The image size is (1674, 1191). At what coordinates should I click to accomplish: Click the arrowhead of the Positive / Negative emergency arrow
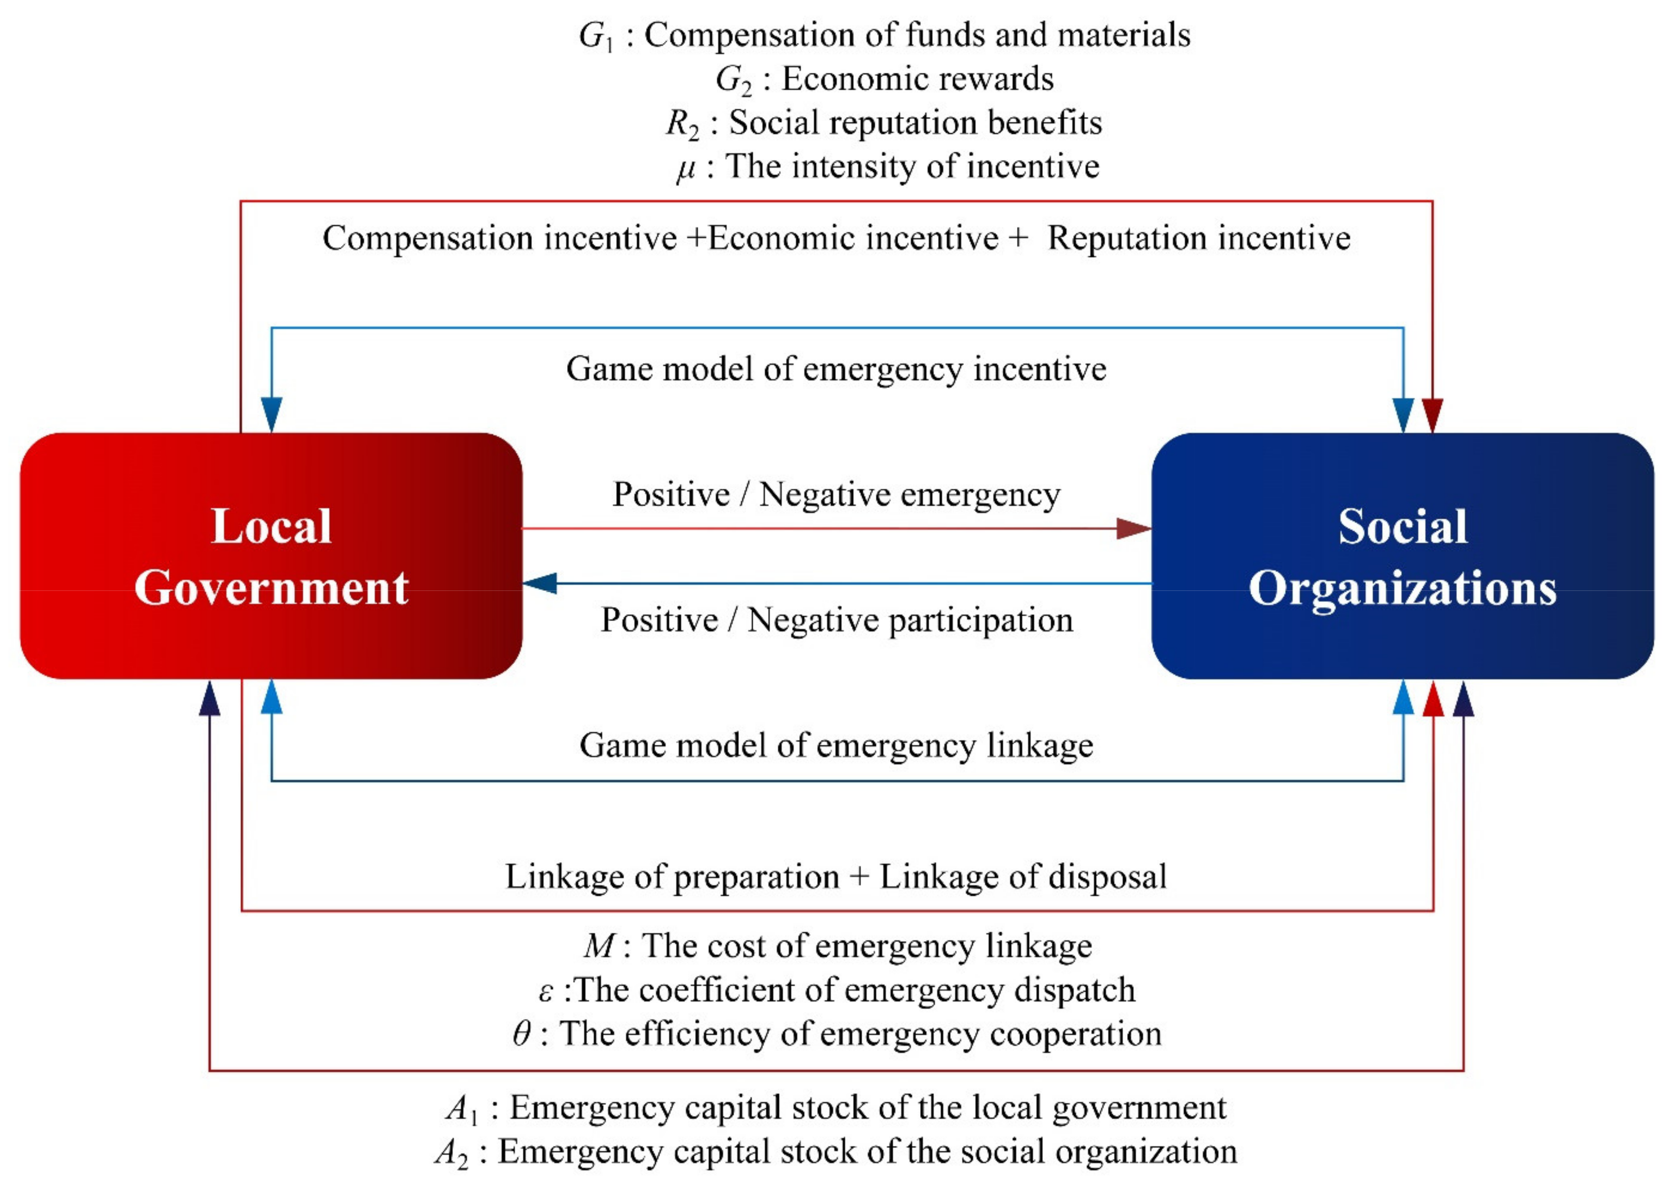point(1133,528)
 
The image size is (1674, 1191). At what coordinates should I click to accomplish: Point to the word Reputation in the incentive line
point(1127,239)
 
